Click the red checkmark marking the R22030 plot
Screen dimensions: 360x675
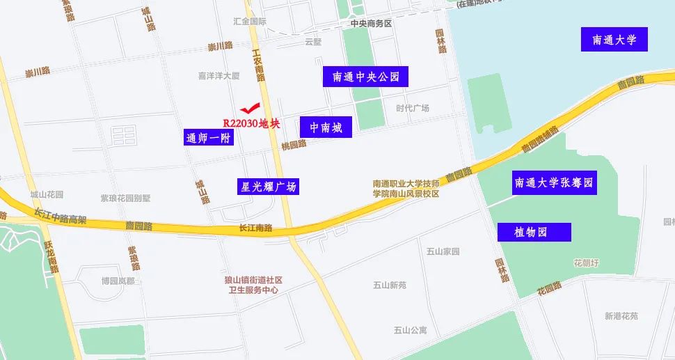tap(249, 108)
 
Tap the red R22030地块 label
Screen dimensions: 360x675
tap(251, 124)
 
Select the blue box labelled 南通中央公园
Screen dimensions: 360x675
tap(365, 77)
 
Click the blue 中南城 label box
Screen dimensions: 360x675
tap(326, 127)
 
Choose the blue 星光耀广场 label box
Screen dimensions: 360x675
tap(268, 187)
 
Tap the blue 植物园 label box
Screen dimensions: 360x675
tap(534, 232)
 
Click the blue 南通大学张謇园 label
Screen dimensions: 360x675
tap(554, 183)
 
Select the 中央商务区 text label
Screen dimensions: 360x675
tap(371, 24)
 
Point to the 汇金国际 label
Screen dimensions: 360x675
tap(250, 22)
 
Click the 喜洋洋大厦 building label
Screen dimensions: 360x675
tap(219, 75)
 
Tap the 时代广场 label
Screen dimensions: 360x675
tap(413, 108)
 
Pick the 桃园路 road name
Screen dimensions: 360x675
tap(294, 146)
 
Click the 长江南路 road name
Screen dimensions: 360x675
tap(255, 228)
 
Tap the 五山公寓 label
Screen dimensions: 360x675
tap(410, 330)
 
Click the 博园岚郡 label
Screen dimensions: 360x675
tap(118, 281)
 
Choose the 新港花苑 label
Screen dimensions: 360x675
tap(621, 316)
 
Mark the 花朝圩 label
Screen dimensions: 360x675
tap(586, 263)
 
